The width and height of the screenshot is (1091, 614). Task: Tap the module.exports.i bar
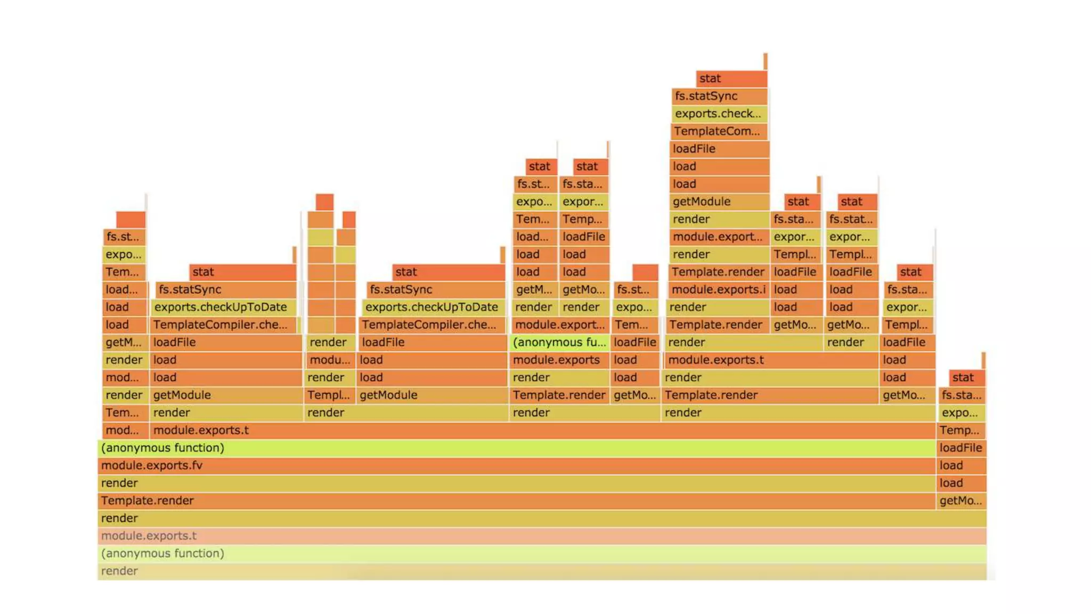pos(718,289)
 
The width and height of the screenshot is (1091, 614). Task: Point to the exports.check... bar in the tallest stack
pos(718,114)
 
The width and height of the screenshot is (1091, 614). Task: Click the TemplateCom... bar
pos(718,131)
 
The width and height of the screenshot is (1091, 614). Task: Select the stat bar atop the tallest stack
pos(731,78)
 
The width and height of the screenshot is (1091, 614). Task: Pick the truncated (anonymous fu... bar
pos(559,342)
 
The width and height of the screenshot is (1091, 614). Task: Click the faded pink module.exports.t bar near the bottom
pos(541,536)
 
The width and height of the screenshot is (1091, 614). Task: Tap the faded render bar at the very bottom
pos(541,571)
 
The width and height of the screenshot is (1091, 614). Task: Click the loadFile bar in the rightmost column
pos(960,448)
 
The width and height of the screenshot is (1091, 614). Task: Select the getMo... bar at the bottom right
pos(960,500)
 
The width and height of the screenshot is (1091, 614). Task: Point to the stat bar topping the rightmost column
pos(966,377)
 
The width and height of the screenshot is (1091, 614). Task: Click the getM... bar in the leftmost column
pos(124,342)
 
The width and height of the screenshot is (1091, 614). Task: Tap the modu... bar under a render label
pos(330,360)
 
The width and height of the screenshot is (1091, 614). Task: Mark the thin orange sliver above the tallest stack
pos(765,61)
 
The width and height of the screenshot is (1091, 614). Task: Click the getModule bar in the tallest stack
pos(718,201)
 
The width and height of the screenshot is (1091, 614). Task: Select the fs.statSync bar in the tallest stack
pos(718,96)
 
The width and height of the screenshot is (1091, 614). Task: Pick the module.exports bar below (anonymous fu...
pos(559,360)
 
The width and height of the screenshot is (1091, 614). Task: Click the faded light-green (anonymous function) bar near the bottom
pos(541,553)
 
